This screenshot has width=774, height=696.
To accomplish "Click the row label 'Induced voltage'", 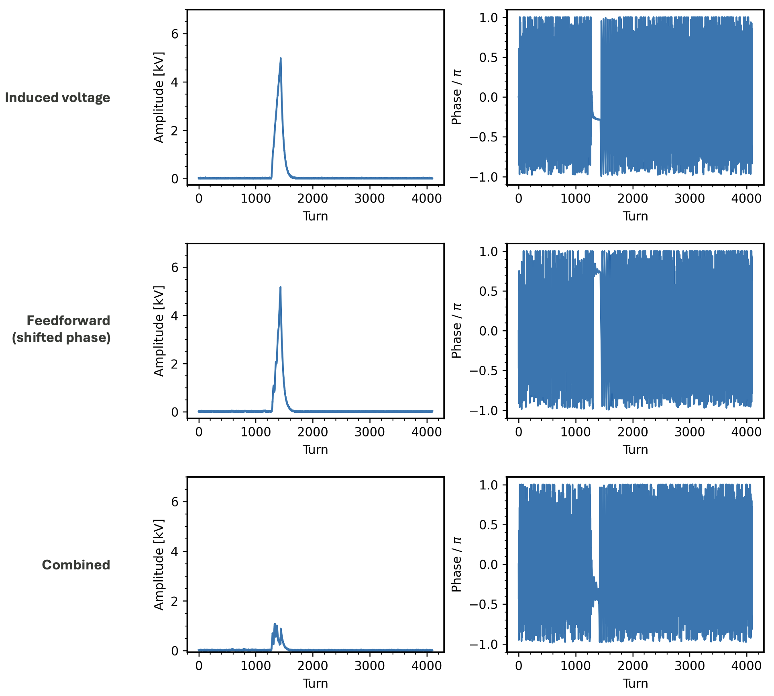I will tap(57, 98).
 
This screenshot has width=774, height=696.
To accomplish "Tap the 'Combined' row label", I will tap(76, 565).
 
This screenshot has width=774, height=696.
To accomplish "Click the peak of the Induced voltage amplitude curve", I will tap(281, 58).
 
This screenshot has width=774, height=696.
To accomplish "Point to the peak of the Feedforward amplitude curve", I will tap(280, 287).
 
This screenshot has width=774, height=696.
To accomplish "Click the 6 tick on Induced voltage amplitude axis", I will tap(175, 34).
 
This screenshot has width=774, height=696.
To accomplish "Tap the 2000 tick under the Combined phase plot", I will tap(633, 665).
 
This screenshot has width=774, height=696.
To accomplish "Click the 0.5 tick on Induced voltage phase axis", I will tap(488, 57).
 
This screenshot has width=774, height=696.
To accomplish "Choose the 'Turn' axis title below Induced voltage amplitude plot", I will tap(315, 216).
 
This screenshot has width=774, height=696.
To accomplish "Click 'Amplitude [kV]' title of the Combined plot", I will tap(159, 565).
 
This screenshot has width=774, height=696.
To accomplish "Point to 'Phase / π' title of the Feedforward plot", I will tap(456, 331).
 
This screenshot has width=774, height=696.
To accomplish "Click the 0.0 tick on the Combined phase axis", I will tap(488, 565).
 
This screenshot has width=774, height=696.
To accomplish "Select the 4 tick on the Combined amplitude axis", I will tap(175, 551).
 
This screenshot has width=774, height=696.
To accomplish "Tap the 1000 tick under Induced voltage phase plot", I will tap(576, 198).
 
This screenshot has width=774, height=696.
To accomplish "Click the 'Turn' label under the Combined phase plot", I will tap(635, 683).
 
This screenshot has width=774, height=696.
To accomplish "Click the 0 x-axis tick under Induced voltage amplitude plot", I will tap(199, 198).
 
